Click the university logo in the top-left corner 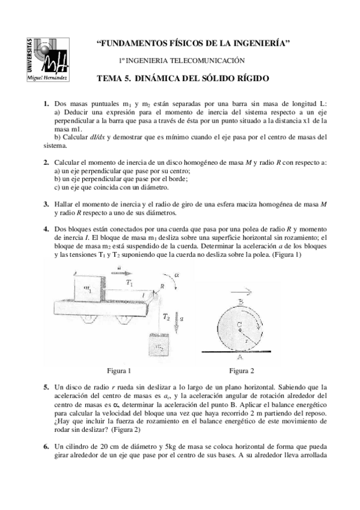[47, 58]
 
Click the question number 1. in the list [46, 104]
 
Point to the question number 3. [46, 204]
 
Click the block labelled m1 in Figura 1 [88, 289]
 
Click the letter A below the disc [239, 356]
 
